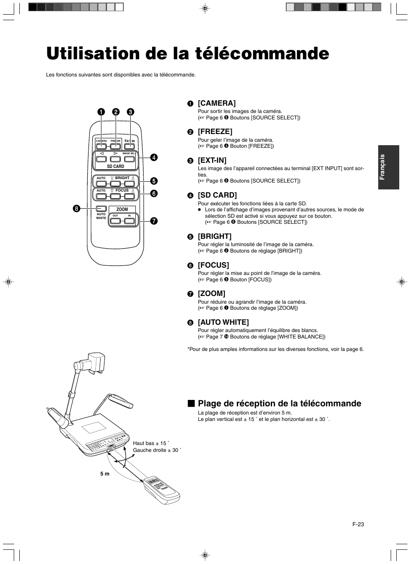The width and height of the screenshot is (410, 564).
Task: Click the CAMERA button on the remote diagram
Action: (101, 146)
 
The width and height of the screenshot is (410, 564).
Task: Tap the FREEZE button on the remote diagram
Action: (116, 146)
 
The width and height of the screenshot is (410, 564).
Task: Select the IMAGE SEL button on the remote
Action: (129, 159)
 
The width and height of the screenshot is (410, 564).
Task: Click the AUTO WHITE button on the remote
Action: (101, 208)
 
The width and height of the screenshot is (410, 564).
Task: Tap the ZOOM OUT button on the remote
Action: (115, 221)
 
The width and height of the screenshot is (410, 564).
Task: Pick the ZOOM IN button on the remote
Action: (129, 221)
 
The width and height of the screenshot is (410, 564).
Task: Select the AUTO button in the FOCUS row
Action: (101, 196)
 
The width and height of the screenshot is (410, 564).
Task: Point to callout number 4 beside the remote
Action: (153, 158)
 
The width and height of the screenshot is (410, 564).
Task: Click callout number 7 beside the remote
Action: (153, 221)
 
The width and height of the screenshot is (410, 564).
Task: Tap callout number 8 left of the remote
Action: (76, 209)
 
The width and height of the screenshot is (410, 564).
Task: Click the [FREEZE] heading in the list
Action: (215, 131)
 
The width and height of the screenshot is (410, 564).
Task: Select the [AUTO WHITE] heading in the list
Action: (223, 322)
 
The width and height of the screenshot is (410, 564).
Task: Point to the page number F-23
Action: (358, 524)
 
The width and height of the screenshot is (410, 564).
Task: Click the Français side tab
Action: (389, 167)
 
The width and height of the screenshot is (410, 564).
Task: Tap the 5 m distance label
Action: (105, 474)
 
